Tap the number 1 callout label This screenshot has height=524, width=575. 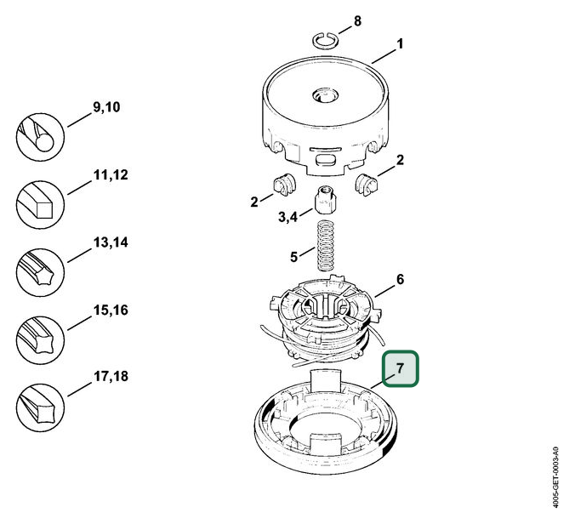400,44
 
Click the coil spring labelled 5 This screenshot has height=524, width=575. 324,245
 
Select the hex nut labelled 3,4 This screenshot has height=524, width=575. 325,200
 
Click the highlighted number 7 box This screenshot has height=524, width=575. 400,369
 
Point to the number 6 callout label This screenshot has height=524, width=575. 400,279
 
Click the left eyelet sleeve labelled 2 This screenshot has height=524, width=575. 285,184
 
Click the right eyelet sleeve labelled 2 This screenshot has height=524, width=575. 367,184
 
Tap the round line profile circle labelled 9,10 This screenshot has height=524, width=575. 40,137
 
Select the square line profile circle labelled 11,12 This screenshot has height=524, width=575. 40,205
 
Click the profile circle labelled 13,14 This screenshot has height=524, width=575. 40,272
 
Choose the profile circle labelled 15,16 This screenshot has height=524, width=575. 40,340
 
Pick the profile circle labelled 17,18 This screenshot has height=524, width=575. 40,407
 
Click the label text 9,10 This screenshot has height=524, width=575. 106,107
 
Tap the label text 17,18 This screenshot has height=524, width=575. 111,376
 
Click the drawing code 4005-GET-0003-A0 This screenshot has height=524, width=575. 555,476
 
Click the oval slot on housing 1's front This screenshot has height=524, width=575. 325,160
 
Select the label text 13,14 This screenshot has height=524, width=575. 111,242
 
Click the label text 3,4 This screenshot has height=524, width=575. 287,217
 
